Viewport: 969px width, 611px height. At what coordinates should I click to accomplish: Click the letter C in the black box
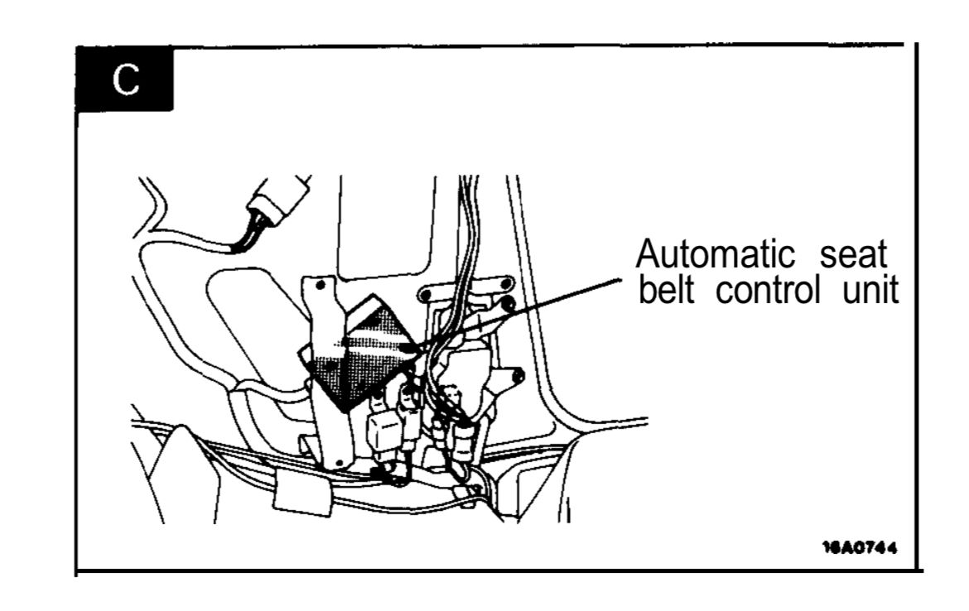[x=126, y=79]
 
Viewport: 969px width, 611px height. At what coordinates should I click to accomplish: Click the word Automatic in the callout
[x=715, y=254]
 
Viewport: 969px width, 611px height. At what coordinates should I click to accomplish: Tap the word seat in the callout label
[x=853, y=254]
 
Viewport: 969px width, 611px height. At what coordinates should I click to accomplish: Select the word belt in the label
[x=666, y=288]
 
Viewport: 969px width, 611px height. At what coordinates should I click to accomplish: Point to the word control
[x=768, y=288]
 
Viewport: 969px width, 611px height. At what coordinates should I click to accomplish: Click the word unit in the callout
[x=870, y=288]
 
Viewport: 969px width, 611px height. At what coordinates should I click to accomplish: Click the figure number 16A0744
[x=860, y=546]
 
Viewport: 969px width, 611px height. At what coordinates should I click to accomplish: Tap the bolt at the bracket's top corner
[x=321, y=285]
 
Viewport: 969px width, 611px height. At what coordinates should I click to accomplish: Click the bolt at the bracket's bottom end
[x=338, y=462]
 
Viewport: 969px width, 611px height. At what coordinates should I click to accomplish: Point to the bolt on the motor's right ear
[x=518, y=374]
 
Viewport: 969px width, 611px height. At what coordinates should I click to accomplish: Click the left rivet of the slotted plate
[x=426, y=296]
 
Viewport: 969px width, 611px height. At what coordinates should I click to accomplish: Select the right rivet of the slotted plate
[x=507, y=284]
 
